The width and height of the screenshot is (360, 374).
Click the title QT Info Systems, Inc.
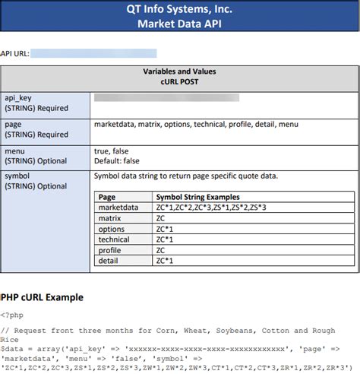point(180,10)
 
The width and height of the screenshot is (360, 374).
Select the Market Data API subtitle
point(180,24)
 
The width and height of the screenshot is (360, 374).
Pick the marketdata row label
point(118,207)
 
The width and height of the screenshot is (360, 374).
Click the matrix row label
point(110,218)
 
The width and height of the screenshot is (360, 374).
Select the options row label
point(112,229)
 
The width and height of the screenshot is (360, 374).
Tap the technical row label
point(115,239)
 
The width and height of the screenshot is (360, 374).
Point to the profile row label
point(110,250)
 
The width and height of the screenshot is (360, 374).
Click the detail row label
point(109,261)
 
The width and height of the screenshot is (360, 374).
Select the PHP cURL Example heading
point(42,297)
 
